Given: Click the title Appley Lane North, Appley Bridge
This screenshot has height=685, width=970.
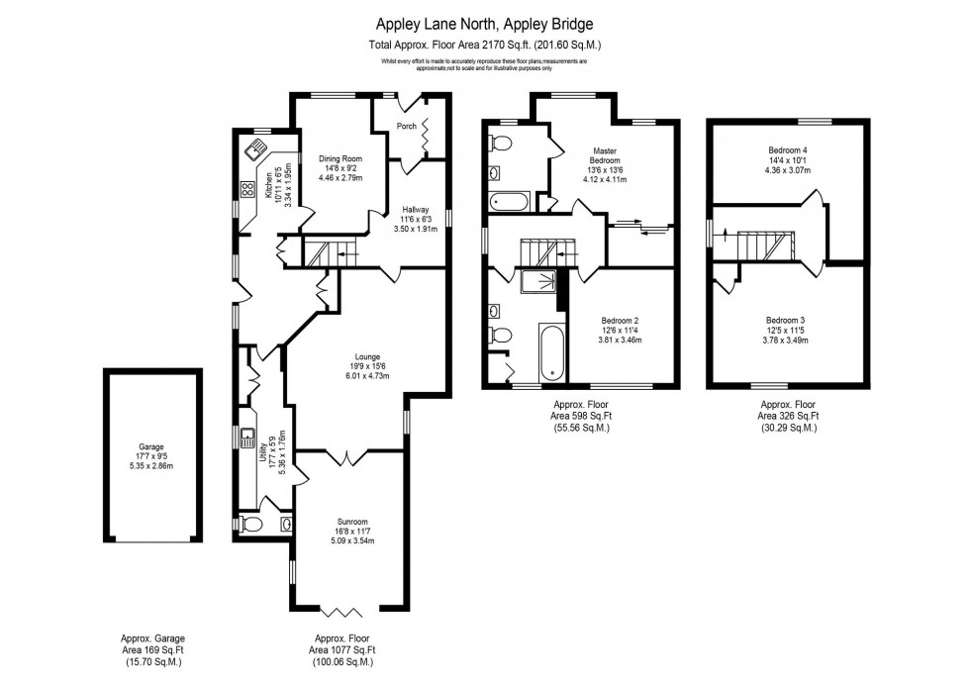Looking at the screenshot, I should point(485,21).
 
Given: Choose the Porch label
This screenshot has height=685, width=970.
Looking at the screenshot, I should point(406,127).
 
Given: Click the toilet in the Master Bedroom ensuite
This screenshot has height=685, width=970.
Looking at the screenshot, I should point(500,145).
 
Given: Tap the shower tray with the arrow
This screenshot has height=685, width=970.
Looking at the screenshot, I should point(540,284).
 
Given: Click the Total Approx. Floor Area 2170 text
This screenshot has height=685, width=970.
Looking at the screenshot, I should point(485,45).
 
